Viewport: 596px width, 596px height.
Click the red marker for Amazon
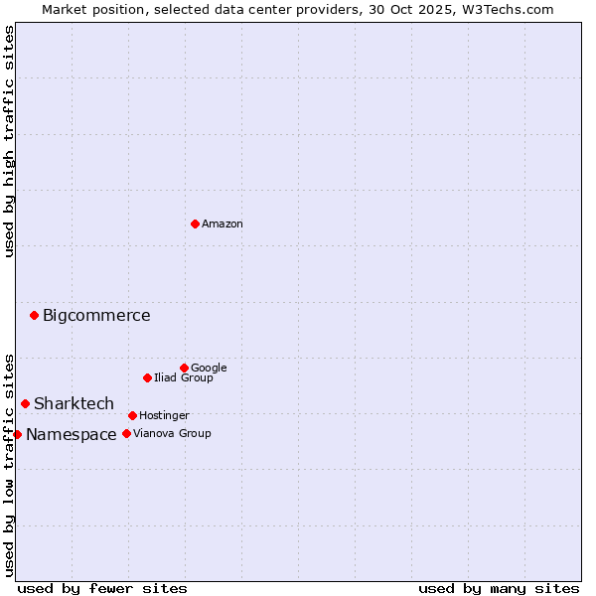[195, 223]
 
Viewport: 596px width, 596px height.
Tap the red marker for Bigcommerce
[34, 315]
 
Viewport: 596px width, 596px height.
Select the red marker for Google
[184, 368]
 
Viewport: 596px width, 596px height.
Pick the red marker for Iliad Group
[147, 377]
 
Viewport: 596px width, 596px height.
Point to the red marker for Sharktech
[25, 403]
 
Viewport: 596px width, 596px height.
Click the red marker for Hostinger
[132, 415]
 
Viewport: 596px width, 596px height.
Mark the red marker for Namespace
[17, 434]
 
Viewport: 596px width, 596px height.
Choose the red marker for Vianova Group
[126, 433]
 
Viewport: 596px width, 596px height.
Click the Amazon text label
[223, 224]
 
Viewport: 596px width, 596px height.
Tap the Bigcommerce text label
[96, 316]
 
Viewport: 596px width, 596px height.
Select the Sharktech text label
[74, 403]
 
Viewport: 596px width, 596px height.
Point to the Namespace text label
[71, 435]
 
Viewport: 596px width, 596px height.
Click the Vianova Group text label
[172, 433]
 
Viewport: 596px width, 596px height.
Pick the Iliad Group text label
[184, 377]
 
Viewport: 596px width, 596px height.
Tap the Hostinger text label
[164, 415]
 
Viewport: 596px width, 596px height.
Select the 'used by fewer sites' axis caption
[102, 588]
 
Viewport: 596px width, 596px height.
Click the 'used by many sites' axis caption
[499, 588]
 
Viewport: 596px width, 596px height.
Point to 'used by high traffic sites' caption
[9, 141]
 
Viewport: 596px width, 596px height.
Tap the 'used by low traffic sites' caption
[9, 465]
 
